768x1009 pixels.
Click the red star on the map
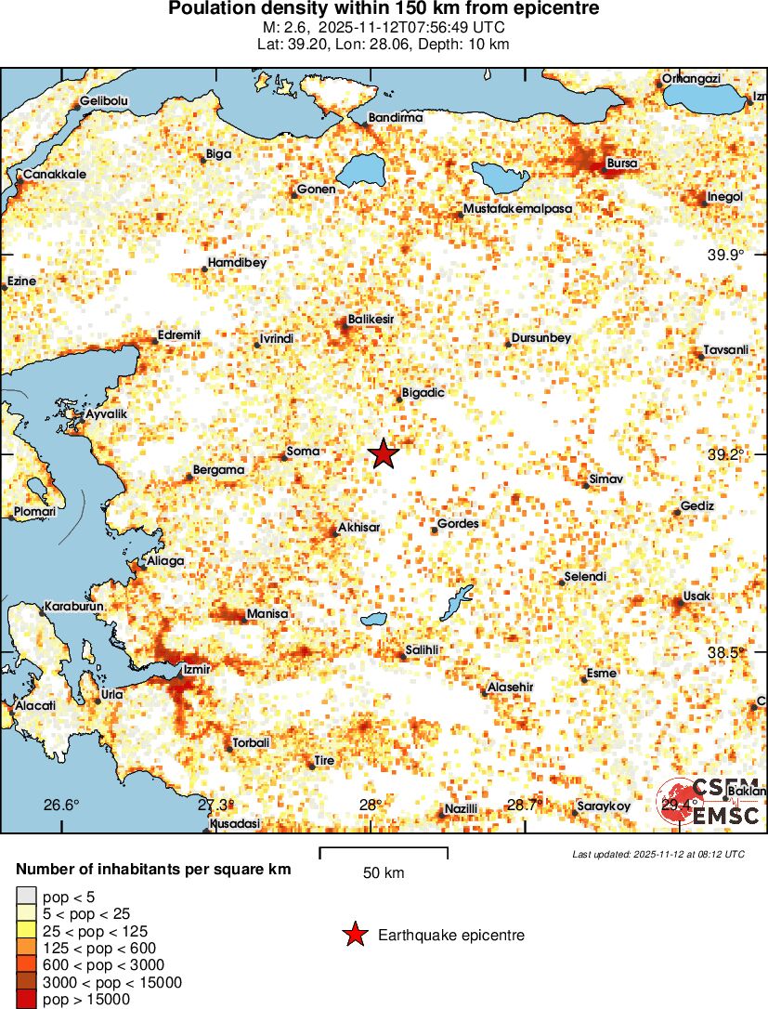click(x=384, y=454)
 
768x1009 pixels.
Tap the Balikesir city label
click(x=371, y=320)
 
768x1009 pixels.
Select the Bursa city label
click(x=621, y=164)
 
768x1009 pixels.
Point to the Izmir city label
click(x=198, y=669)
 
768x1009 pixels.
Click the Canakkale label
click(x=55, y=174)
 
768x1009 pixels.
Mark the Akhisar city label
click(x=359, y=527)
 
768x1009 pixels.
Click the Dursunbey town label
click(x=541, y=338)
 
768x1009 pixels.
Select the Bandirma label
click(x=396, y=118)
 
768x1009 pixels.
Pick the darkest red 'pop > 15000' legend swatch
click(x=25, y=1000)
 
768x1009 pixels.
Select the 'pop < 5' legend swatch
click(x=25, y=897)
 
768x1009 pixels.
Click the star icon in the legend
click(x=354, y=935)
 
